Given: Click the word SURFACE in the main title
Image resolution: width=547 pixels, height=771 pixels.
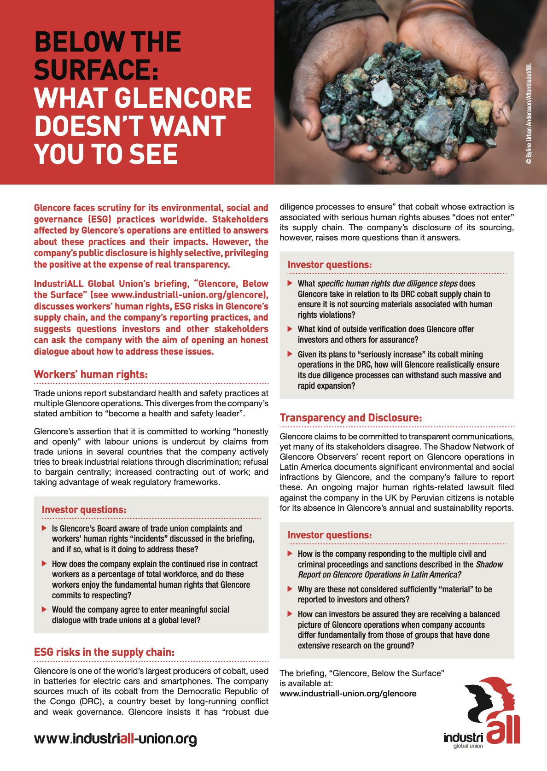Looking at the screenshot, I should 96,70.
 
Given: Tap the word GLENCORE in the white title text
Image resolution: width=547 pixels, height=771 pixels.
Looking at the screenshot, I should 183,98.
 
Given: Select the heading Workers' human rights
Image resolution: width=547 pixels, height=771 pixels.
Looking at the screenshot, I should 91,374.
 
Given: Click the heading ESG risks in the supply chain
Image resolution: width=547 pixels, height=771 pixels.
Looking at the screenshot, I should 104,652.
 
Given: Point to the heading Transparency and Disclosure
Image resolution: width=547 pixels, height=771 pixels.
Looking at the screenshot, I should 350,418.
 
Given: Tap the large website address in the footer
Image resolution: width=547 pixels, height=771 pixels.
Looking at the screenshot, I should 115,739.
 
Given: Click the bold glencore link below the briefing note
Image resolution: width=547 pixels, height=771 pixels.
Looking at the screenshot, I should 348,694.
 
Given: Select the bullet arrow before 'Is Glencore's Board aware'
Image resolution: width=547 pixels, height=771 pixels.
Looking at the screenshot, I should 44,528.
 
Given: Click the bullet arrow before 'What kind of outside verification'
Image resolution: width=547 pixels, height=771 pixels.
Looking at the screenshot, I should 290,329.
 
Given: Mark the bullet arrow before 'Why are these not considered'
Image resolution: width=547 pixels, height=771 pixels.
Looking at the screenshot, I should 290,589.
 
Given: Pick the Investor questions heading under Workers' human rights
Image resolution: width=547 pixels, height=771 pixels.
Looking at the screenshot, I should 84,510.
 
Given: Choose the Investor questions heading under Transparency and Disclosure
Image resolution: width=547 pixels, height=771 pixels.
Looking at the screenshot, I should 330,535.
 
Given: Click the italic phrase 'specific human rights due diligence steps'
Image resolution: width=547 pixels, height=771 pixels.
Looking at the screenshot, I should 387,284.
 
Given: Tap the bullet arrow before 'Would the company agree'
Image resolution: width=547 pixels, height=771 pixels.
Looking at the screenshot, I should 44,609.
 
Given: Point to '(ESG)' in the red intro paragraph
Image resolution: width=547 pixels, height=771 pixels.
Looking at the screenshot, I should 99,219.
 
